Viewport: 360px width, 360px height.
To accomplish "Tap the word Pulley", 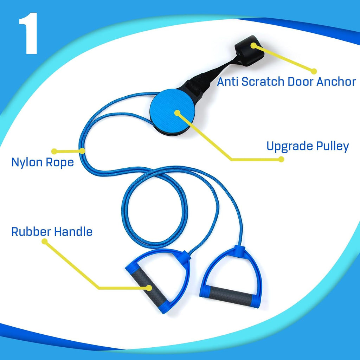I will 333,146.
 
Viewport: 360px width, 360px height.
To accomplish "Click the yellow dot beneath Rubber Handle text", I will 44,242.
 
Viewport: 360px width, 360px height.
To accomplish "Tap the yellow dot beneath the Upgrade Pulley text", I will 281,159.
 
